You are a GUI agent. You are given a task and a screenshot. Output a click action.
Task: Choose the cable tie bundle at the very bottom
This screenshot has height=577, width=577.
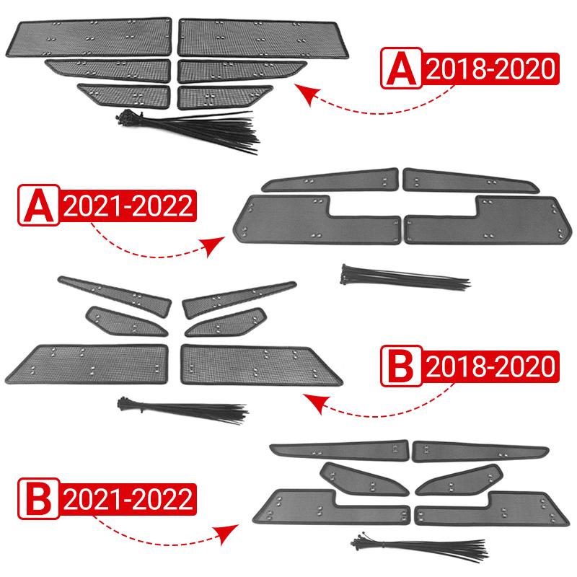(404, 545)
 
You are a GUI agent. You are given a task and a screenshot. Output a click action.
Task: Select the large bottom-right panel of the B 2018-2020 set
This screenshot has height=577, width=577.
(260, 364)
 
